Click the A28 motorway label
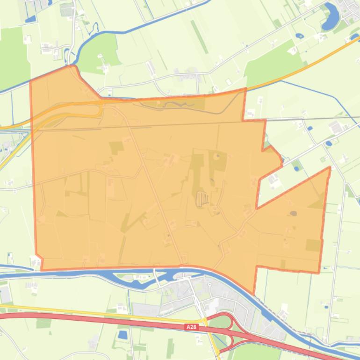(x=191, y=327)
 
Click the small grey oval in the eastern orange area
(x=293, y=214)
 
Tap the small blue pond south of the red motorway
(x=123, y=335)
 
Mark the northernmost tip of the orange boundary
(x=72, y=66)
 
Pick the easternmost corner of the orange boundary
(x=330, y=167)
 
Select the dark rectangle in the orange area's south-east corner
(x=313, y=245)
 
